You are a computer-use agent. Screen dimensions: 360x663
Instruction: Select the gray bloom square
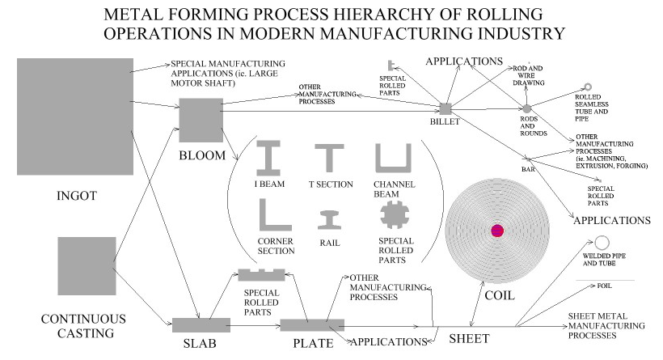point(200,120)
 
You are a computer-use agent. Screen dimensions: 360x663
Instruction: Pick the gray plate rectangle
point(312,325)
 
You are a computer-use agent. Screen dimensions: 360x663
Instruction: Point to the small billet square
point(445,108)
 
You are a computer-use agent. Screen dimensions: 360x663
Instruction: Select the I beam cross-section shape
point(268,158)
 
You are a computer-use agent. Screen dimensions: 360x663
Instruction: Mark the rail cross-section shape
point(328,220)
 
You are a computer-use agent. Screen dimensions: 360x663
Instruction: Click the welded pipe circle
point(602,244)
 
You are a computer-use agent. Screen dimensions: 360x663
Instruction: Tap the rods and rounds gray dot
point(526,108)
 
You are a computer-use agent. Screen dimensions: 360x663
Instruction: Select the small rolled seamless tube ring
point(590,87)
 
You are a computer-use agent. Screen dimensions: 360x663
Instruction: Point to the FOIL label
point(604,286)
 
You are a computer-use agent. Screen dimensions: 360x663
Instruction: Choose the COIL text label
point(499,295)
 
